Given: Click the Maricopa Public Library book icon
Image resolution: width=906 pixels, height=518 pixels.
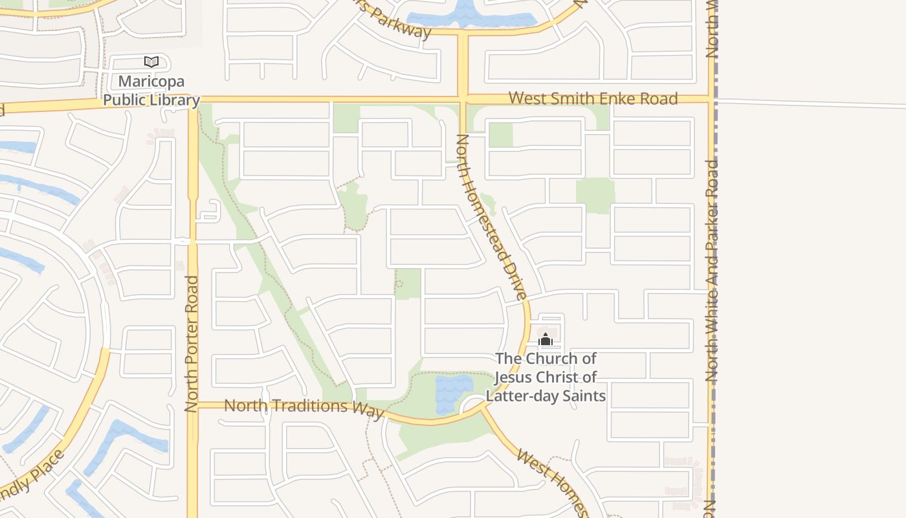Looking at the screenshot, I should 151,62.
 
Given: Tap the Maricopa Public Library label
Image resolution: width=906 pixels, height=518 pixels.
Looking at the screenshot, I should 151,91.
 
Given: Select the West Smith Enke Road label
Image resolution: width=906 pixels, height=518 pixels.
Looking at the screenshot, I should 593,98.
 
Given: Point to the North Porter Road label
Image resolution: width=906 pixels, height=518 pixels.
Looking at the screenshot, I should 191,344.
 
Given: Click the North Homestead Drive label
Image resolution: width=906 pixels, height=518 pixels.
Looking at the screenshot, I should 492,217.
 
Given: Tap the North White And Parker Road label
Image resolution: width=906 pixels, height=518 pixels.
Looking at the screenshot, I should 713,270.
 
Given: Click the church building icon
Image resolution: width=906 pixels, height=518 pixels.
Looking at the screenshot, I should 546,339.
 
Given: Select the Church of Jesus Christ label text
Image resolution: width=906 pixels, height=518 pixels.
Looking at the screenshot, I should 546,377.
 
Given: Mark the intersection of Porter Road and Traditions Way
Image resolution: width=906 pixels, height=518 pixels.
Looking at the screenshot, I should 193,405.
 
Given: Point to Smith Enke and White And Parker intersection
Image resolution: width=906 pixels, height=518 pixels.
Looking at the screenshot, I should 711,99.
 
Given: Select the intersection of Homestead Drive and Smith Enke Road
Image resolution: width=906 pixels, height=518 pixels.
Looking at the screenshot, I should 463,100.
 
